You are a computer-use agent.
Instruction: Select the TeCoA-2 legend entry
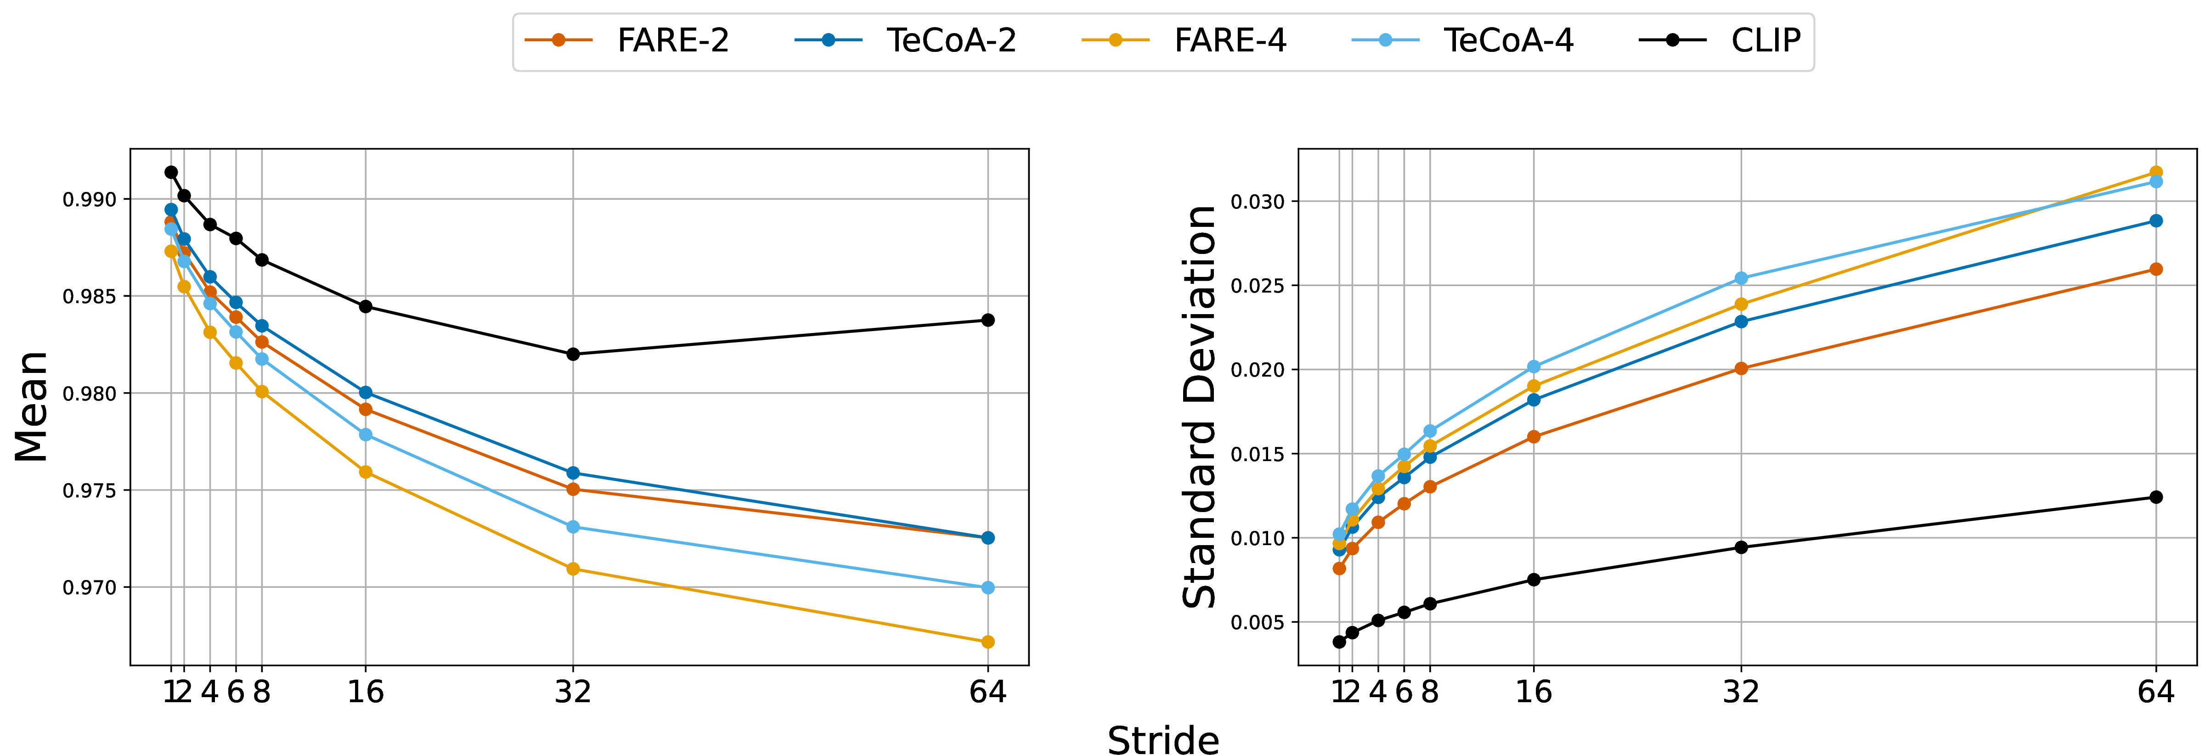point(906,40)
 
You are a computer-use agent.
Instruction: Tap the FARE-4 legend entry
point(1184,40)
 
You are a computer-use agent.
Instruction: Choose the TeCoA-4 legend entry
point(1463,40)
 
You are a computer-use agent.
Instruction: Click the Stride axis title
point(1163,739)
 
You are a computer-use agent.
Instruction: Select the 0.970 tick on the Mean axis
point(89,588)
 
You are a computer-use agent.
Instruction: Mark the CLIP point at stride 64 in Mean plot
point(988,320)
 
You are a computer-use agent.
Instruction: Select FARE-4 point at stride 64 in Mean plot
point(988,642)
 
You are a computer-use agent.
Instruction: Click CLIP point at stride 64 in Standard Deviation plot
point(2156,497)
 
